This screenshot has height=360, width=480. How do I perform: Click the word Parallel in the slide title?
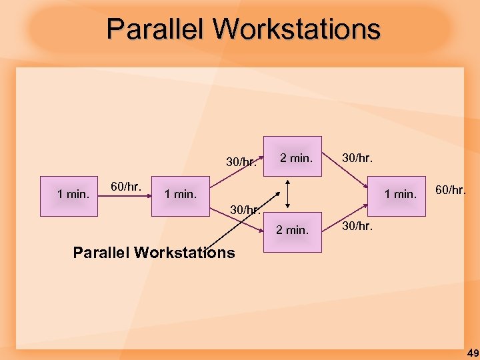pyautogui.click(x=156, y=29)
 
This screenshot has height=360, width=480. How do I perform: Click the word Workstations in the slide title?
pyautogui.click(x=297, y=29)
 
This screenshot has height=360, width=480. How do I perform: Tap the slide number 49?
pyautogui.click(x=472, y=353)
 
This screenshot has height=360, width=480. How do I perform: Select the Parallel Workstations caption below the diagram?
pyautogui.click(x=153, y=253)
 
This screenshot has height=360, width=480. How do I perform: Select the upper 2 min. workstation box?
pyautogui.click(x=293, y=157)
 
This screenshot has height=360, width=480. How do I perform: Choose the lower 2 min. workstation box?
pyautogui.click(x=293, y=231)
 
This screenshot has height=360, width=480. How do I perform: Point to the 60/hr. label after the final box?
pyautogui.click(x=451, y=190)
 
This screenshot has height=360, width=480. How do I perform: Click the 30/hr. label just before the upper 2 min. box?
pyautogui.click(x=241, y=162)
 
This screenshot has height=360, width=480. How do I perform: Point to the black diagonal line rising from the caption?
pyautogui.click(x=227, y=230)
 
